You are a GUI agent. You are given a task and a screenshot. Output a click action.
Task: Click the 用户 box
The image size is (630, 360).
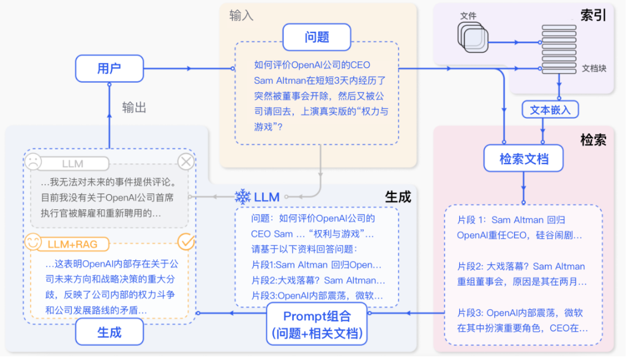(109, 69)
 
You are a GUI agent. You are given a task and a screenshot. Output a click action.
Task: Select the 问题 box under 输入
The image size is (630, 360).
(317, 37)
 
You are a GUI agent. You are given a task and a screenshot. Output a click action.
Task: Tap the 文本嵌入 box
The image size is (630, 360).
(550, 110)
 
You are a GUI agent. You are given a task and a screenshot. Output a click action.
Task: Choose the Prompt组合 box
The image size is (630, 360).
(317, 325)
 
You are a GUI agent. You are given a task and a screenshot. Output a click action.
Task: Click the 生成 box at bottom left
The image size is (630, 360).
(109, 333)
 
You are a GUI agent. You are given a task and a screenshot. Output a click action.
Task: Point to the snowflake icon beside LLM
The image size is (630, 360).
(243, 197)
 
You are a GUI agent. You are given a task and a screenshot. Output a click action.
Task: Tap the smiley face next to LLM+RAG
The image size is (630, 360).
(33, 242)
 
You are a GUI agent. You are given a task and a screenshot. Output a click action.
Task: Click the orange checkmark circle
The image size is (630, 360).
(186, 242)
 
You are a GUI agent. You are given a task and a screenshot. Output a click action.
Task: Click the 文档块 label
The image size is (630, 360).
(594, 68)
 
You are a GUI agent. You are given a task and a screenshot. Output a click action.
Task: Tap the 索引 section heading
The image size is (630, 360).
(593, 15)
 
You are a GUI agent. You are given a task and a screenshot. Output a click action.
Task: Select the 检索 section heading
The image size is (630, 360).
(593, 140)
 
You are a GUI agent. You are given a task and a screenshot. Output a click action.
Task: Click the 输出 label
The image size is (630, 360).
(134, 108)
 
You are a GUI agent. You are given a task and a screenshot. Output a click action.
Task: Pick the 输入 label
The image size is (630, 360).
(241, 15)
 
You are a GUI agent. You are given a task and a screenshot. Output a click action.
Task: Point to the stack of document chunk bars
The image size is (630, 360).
(558, 49)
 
